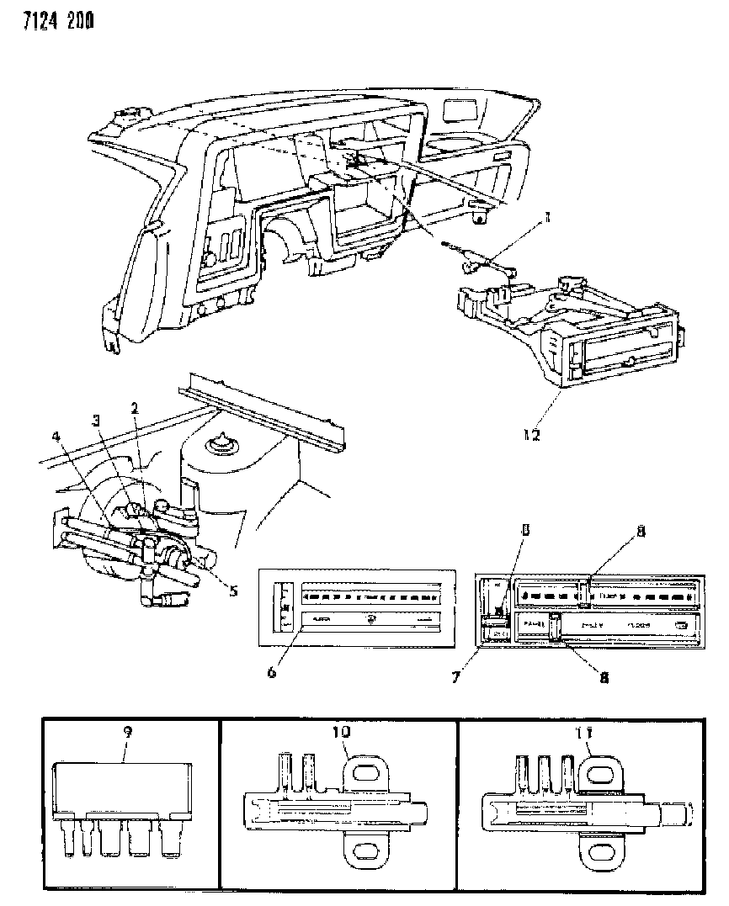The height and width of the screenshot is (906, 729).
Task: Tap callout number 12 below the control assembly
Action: coord(529,435)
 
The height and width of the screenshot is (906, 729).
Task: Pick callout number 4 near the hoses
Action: coord(57,437)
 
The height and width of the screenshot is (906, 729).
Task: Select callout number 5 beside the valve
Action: coord(233,590)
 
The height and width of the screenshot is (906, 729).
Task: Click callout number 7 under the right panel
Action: coord(455,676)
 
